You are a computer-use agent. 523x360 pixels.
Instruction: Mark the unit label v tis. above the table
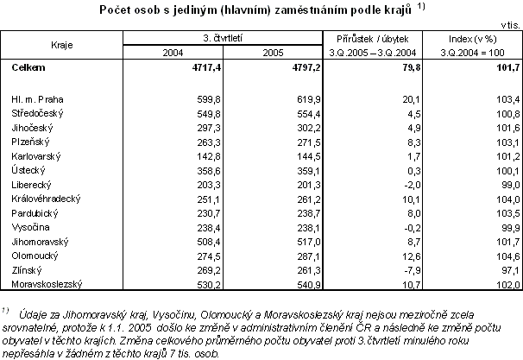pos(508,25)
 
